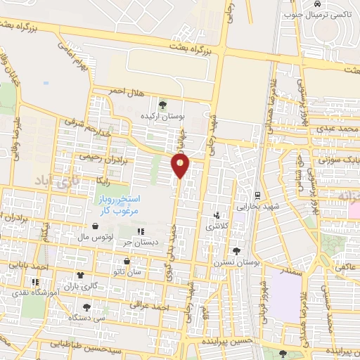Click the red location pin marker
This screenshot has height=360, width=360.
(181, 166)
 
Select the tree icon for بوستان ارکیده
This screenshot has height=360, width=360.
(163, 104)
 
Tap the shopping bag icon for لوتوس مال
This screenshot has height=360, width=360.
(95, 226)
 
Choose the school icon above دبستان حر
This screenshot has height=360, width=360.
(141, 231)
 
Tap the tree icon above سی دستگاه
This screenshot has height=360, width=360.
(86, 307)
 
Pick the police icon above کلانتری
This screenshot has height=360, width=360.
(217, 216)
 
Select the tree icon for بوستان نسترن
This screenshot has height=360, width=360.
(236, 250)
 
